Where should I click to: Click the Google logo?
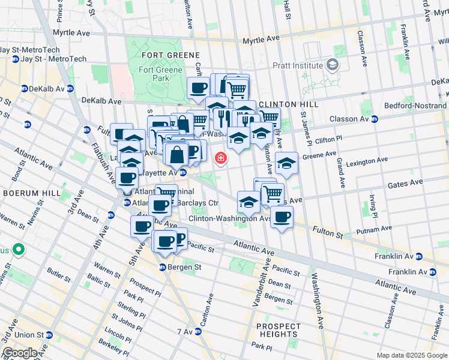tap(20, 353)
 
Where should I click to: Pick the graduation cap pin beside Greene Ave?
tap(286, 163)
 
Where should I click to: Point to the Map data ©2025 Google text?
tap(411, 355)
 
